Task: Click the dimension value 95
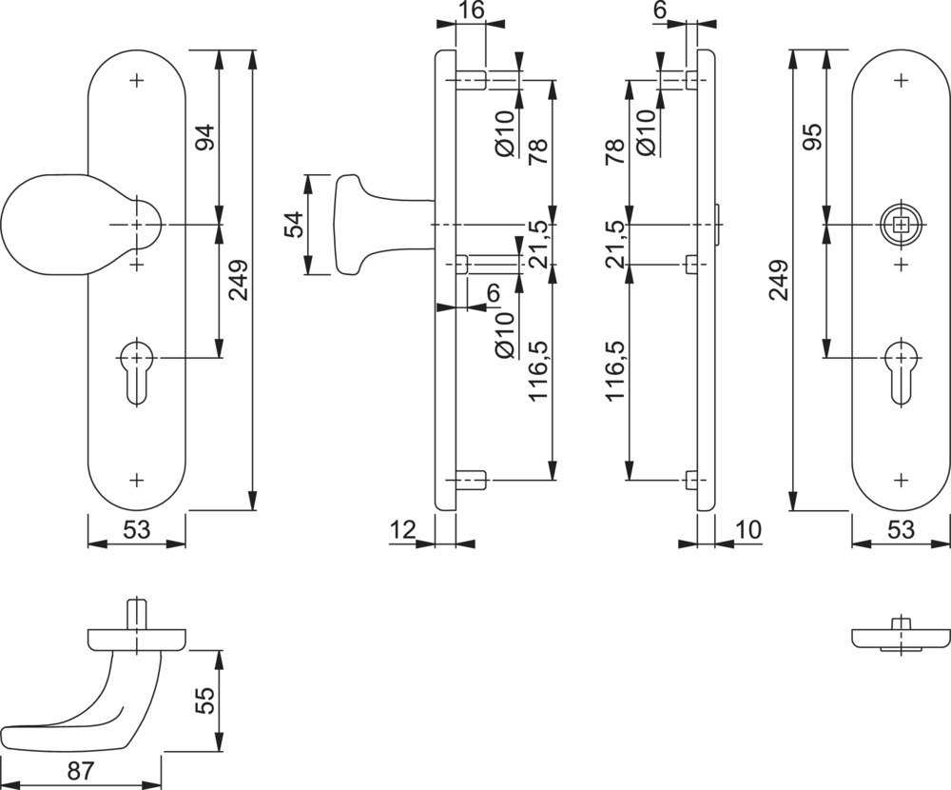pos(812,138)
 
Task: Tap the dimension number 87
pos(81,771)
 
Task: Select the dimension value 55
pos(205,701)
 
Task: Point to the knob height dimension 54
pos(294,226)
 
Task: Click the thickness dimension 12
pos(403,529)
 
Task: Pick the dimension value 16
pos(471,10)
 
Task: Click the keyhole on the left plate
pos(138,371)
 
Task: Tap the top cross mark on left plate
pos(138,80)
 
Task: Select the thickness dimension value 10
pos(749,529)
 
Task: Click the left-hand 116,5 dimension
pos(616,370)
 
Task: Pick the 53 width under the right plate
pos(901,529)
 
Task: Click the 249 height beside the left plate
pos(239,281)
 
